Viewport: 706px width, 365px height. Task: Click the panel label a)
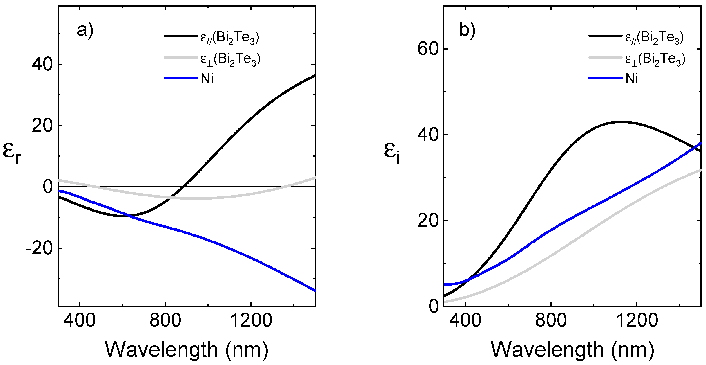[x=85, y=30]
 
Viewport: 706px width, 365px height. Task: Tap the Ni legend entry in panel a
[x=207, y=79]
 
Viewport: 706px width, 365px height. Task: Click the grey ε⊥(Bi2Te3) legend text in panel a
[x=230, y=59]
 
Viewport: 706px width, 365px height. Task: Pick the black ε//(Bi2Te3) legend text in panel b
[x=655, y=38]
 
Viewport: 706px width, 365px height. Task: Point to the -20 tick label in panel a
[x=39, y=249]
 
